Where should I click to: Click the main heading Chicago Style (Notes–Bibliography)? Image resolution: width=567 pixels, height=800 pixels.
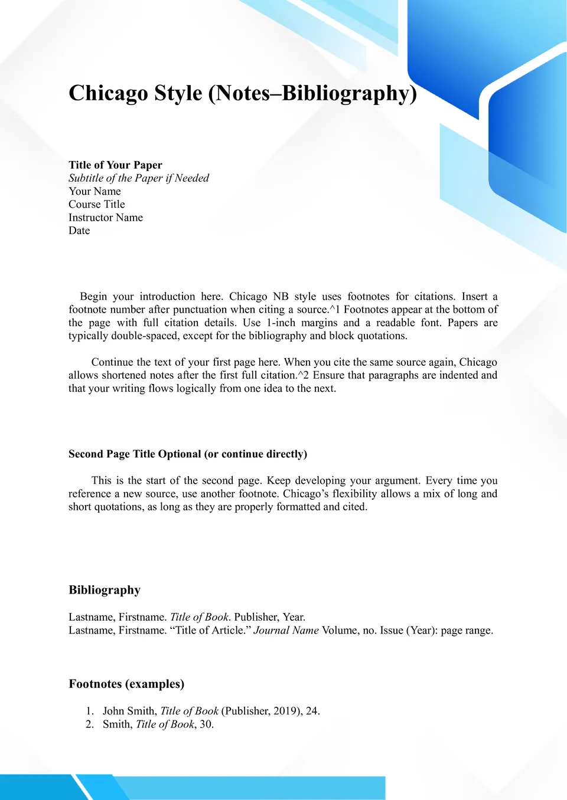[x=243, y=94]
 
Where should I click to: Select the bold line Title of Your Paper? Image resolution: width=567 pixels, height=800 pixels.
[x=115, y=165]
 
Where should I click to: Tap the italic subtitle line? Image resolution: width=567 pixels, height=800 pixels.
[x=139, y=178]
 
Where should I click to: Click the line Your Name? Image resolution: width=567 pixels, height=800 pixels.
[x=94, y=191]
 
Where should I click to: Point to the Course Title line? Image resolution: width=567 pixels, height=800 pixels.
[x=97, y=204]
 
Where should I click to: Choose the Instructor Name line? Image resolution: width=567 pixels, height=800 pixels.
[x=106, y=218]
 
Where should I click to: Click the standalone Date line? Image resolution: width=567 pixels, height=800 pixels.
[x=79, y=231]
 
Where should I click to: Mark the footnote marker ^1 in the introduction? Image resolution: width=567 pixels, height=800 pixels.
[x=335, y=310]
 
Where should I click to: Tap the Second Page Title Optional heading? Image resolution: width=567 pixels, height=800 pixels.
[x=188, y=454]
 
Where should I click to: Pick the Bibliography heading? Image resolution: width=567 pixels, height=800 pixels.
[x=105, y=590]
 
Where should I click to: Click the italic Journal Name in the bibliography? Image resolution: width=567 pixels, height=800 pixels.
[x=286, y=630]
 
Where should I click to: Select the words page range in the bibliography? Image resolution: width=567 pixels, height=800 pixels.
[x=466, y=631]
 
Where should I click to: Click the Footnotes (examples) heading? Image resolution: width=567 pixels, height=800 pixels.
[x=126, y=684]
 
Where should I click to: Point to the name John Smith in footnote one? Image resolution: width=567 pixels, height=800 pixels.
[x=129, y=711]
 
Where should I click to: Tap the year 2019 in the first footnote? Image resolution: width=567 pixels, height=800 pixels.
[x=286, y=711]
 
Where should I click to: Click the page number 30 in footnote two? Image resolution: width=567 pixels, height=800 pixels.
[x=206, y=724]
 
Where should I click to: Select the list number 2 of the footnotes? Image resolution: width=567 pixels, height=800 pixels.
[x=90, y=724]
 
